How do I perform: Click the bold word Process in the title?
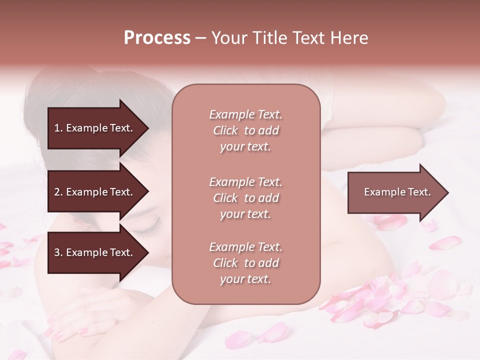[x=157, y=38]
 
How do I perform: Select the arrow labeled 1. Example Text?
[x=95, y=128]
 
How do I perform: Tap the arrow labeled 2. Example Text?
[x=95, y=192]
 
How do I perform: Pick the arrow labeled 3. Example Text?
[x=95, y=253]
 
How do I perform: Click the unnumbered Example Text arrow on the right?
[x=395, y=192]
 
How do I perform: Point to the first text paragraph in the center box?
[x=245, y=130]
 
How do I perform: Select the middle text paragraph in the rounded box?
[x=245, y=198]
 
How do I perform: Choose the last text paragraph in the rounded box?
[x=245, y=263]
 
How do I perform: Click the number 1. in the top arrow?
[x=58, y=128]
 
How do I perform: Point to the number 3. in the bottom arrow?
[x=58, y=253]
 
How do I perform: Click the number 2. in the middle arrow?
[x=58, y=192]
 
